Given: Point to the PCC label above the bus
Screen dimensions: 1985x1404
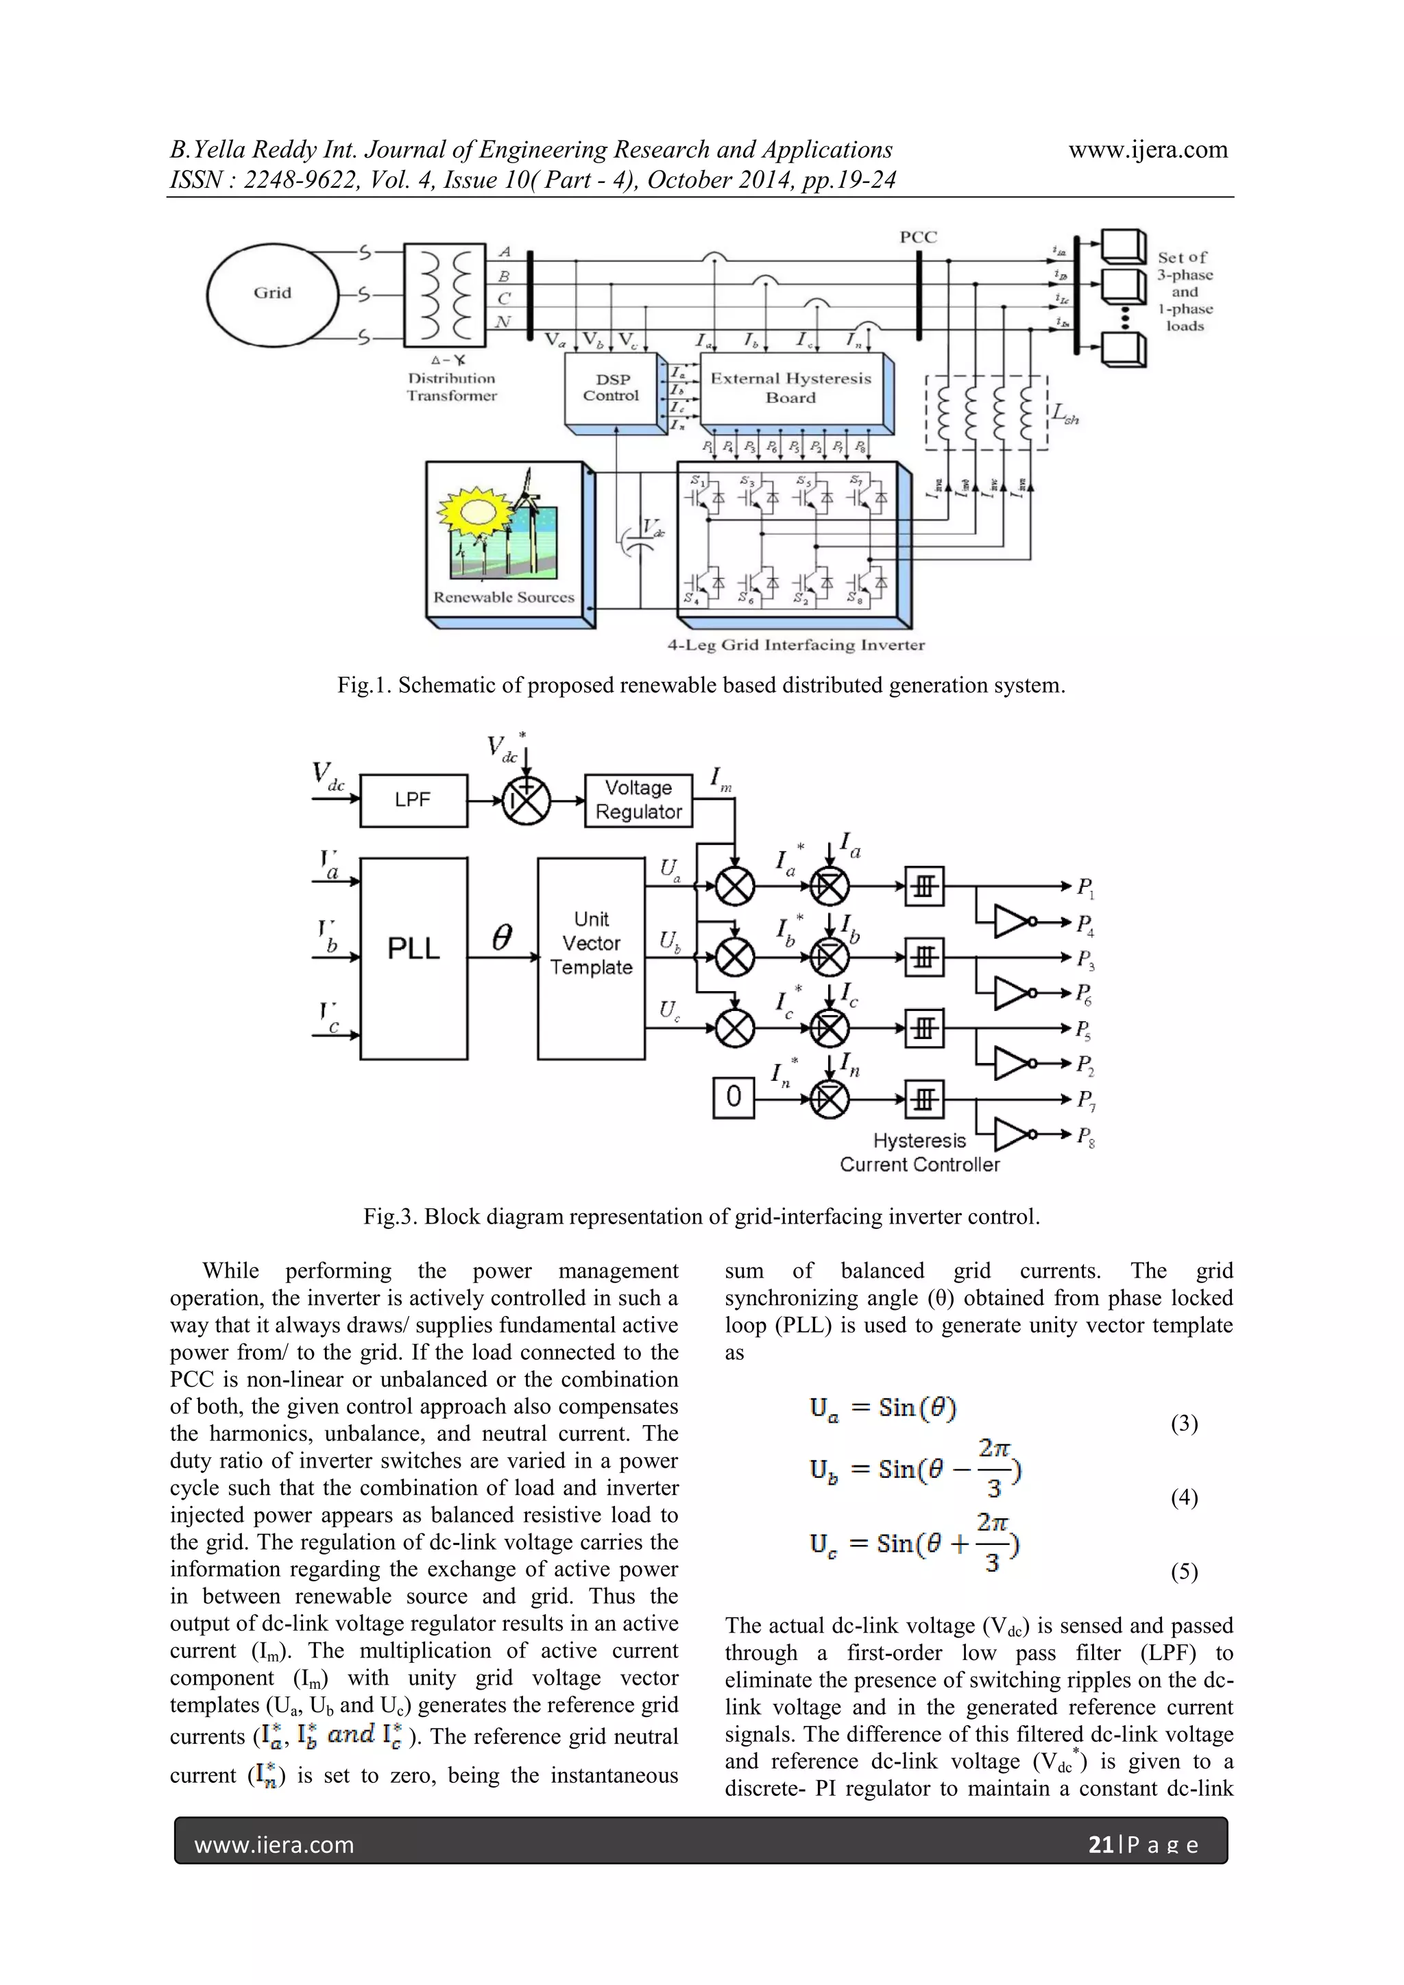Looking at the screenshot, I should tap(917, 237).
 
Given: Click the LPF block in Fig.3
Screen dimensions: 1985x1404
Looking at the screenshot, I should tap(413, 800).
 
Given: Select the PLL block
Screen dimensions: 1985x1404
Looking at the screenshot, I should tap(413, 949).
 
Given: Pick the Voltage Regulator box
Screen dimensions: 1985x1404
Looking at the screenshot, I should tap(638, 800).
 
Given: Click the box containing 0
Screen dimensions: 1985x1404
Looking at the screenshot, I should tap(733, 1098).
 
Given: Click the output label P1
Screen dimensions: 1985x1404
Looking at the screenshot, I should tap(1085, 887).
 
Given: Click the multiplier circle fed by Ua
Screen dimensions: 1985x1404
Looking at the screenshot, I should tap(735, 886).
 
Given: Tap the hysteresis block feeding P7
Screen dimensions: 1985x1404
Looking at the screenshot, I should tap(924, 1099).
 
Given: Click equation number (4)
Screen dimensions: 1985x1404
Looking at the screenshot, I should tap(1183, 1498).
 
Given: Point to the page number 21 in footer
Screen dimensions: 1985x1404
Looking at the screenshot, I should tap(1100, 1845).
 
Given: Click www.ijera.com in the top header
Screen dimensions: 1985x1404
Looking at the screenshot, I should tap(1147, 149).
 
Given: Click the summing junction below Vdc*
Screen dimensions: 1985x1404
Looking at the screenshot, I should tap(526, 800).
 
